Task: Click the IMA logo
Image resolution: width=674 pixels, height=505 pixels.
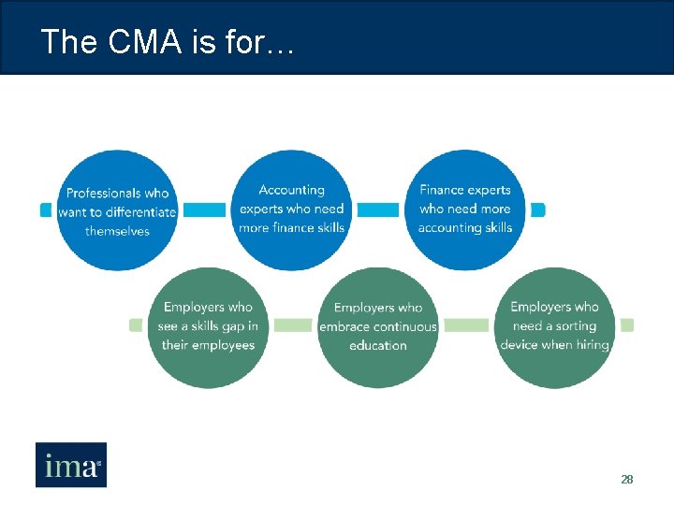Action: [x=71, y=465]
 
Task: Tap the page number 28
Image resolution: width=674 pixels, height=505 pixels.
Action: [x=627, y=479]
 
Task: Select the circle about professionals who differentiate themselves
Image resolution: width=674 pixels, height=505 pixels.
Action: [x=117, y=210]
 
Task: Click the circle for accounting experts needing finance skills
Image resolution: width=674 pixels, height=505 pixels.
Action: [x=291, y=209]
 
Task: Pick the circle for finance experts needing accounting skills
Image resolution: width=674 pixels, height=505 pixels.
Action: [x=465, y=209]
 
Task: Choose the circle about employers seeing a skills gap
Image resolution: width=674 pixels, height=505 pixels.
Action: [x=208, y=326]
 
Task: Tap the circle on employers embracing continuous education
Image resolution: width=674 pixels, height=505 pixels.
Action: [x=377, y=326]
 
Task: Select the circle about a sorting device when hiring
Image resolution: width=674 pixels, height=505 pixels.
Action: [x=554, y=326]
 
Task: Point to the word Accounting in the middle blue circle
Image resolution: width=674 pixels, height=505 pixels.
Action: [x=291, y=191]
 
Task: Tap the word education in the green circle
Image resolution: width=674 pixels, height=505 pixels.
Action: [x=377, y=345]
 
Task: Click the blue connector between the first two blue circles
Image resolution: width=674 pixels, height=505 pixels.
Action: [x=204, y=210]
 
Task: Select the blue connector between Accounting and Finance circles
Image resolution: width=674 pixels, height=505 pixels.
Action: [x=378, y=210]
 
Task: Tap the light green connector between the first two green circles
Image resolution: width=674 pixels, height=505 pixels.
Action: [x=293, y=325]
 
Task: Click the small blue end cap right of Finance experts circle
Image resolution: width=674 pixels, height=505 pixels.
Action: [x=537, y=210]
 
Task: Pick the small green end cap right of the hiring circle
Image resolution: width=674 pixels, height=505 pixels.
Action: [x=627, y=325]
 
